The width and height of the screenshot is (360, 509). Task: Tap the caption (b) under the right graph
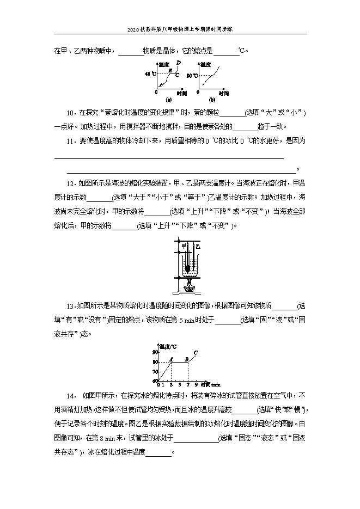coord(212,100)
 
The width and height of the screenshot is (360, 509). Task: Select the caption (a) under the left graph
coord(169,100)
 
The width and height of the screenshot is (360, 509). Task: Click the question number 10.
coord(70,113)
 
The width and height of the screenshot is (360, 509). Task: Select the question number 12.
coord(70,183)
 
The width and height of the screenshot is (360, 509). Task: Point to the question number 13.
coord(70,306)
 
